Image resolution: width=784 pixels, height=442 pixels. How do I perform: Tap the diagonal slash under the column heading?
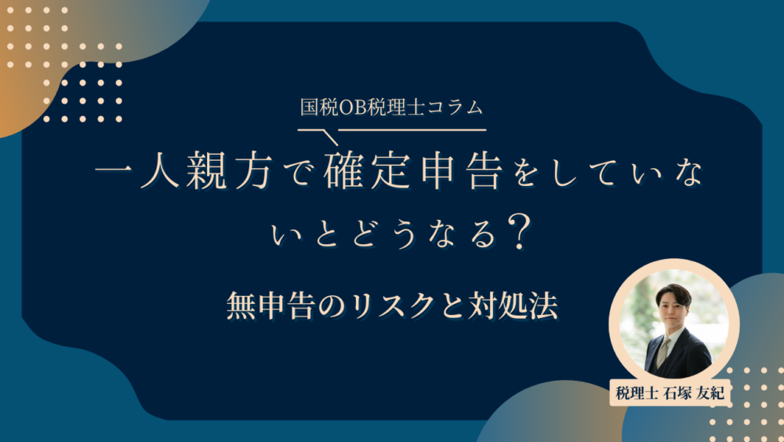pos(326,136)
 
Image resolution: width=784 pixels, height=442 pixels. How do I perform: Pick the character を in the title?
pos(521,175)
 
